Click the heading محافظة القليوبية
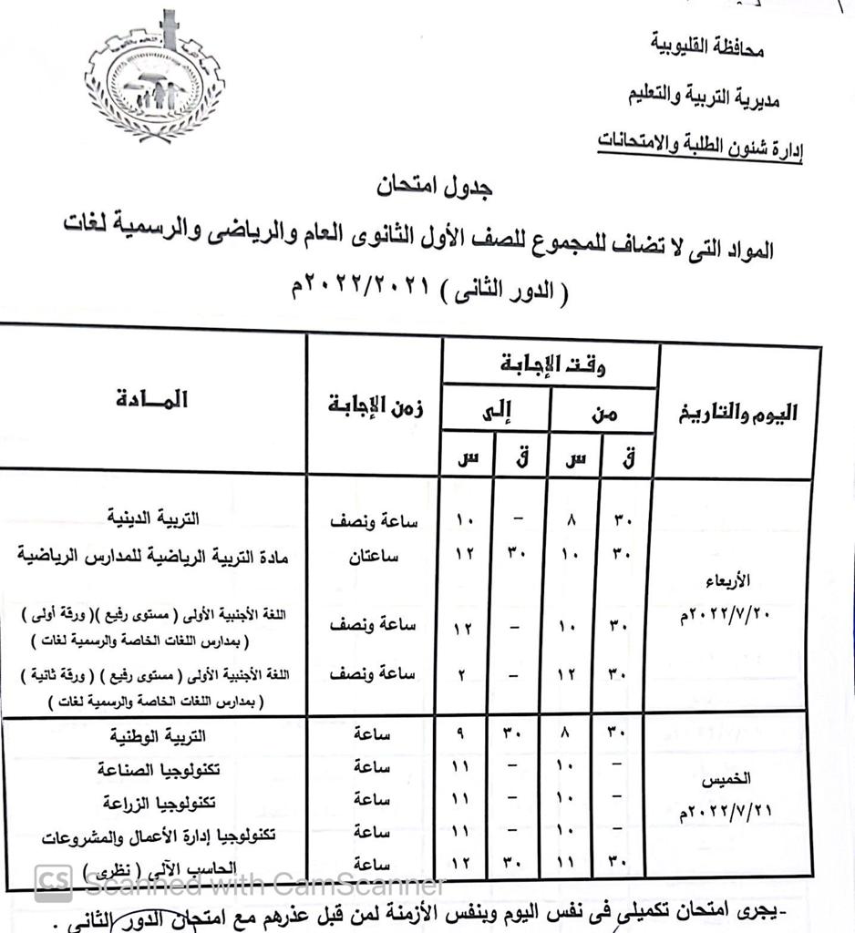[x=706, y=46]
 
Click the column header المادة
[x=152, y=400]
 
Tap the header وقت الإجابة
[x=553, y=365]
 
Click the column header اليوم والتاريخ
[x=737, y=413]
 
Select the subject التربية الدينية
[x=151, y=518]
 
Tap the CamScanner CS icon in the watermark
[x=54, y=882]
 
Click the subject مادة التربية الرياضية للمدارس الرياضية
[x=153, y=556]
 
